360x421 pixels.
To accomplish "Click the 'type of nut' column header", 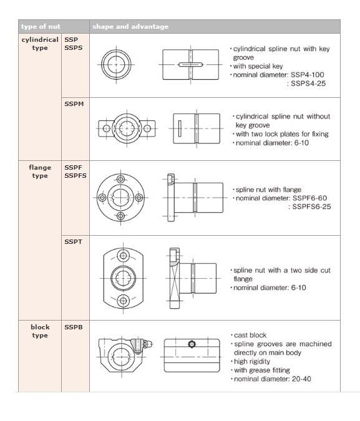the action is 41,27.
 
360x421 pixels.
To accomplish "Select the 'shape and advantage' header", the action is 130,27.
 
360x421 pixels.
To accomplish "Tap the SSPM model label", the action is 74,104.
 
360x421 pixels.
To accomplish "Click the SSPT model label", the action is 73,241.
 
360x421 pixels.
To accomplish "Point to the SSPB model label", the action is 74,327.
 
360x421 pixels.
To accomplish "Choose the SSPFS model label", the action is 75,176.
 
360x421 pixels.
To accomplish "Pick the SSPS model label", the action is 73,48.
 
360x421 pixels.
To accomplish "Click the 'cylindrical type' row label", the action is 40,44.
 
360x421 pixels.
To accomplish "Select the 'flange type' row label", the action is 40,172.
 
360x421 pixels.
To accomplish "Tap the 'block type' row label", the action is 40,331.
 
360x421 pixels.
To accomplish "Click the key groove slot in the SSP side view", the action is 190,64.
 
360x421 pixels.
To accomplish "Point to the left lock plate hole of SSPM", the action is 106,128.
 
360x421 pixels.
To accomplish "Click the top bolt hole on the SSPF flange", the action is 120,179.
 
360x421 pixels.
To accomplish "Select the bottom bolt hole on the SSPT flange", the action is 123,300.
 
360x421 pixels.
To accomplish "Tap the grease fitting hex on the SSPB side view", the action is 192,344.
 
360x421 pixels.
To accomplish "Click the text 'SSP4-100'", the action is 308,75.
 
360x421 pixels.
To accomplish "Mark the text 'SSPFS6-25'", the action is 311,206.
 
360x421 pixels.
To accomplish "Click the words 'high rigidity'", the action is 252,361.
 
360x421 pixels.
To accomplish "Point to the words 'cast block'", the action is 250,335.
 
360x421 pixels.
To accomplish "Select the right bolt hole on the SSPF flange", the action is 139,198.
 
